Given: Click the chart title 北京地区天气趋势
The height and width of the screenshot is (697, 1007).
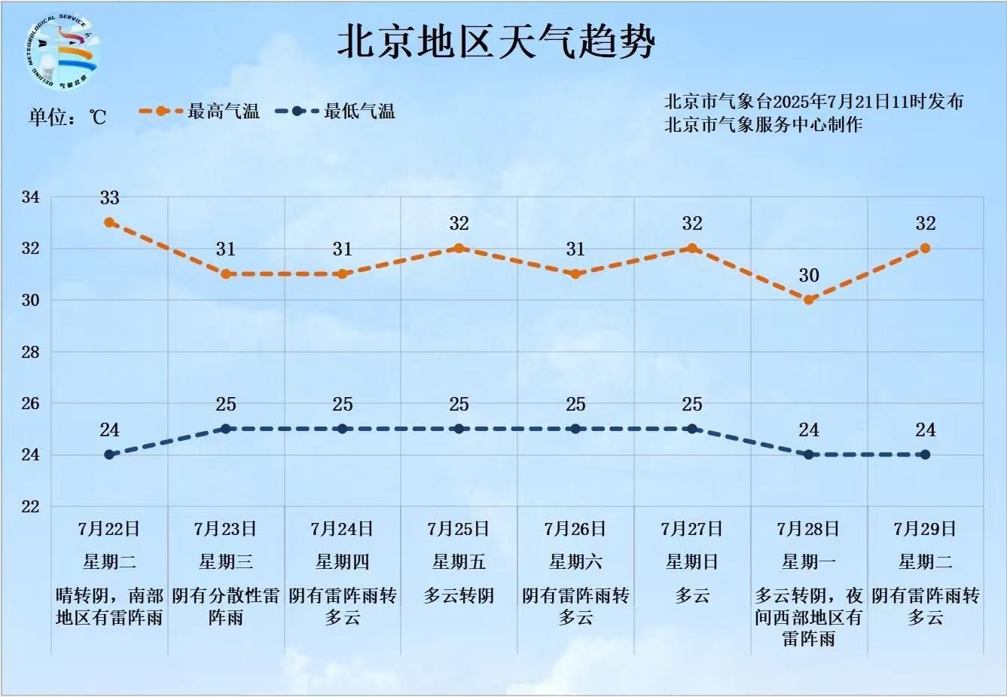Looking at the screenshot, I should (496, 41).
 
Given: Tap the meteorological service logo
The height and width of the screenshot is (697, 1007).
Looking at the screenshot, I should (60, 49).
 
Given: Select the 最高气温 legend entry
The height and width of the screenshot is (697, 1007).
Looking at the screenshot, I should (200, 112).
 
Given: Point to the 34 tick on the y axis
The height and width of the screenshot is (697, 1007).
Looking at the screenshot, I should (30, 197).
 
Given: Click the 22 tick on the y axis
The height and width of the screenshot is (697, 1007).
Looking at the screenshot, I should (30, 506).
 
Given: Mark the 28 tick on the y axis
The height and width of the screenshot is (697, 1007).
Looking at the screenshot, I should (30, 352).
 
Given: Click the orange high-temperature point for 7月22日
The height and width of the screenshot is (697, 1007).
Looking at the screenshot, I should (109, 222).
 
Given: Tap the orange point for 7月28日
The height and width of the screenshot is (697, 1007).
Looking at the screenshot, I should (809, 300).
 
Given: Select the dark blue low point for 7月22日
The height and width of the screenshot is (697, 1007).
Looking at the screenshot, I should (109, 454).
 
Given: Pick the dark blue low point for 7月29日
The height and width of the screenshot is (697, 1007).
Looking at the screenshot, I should (925, 454).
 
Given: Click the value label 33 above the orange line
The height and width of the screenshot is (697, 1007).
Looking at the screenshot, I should (109, 198).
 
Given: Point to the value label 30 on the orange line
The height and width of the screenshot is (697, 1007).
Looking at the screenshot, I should (809, 276).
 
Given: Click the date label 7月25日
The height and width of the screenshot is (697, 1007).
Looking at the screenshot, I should (459, 529).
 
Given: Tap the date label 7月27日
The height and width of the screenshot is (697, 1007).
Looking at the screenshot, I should (691, 529).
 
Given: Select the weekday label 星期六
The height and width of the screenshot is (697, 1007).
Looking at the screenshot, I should (575, 562).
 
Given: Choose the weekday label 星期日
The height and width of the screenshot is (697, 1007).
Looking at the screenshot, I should (691, 562).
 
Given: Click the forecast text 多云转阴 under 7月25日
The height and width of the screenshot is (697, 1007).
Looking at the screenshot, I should (459, 596).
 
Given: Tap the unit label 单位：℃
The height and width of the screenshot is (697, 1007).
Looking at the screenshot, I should (68, 117).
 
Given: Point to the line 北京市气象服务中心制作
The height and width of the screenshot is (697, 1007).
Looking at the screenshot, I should (763, 124).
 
